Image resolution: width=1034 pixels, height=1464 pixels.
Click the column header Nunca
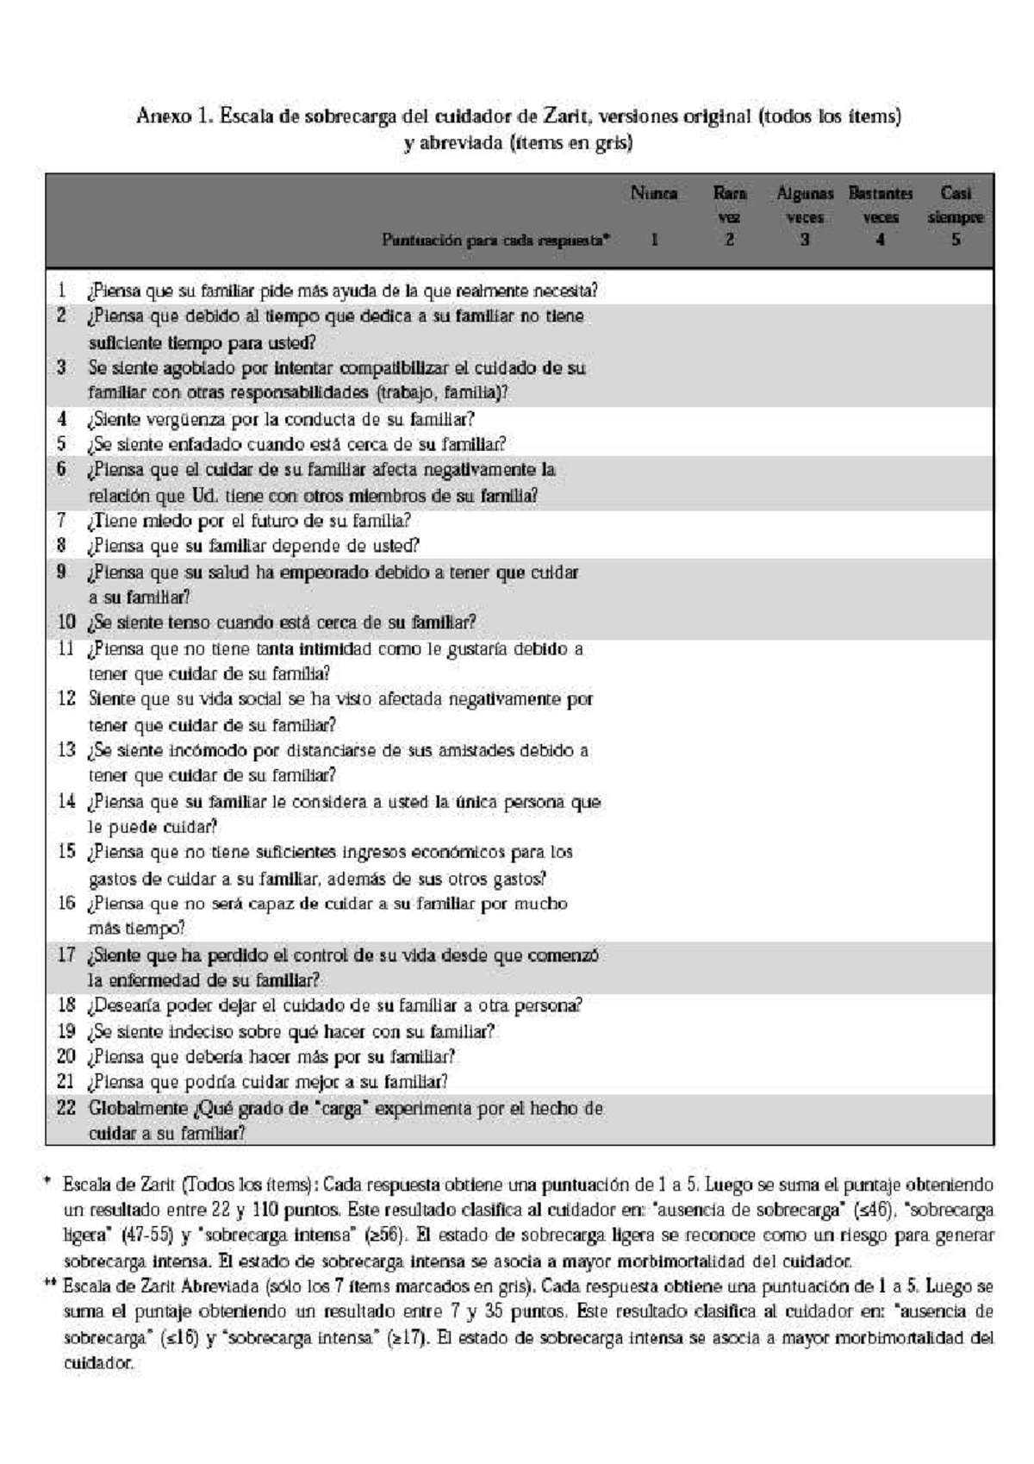tap(653, 193)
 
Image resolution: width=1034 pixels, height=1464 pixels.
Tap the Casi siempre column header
tap(955, 205)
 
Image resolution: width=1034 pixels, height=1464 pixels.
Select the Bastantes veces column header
tap(880, 205)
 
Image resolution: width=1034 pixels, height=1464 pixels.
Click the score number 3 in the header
tap(804, 240)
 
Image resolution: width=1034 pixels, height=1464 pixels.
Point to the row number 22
tap(66, 1108)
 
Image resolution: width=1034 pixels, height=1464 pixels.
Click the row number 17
tap(66, 955)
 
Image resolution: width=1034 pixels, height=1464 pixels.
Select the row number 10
tap(66, 623)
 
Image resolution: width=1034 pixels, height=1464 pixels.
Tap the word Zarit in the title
tap(567, 116)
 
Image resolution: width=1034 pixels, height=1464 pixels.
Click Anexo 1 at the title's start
tap(174, 116)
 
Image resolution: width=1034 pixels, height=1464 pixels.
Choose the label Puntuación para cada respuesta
tap(495, 241)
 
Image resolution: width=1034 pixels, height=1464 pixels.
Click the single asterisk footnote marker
tap(47, 1182)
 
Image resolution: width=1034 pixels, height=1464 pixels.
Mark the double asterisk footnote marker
tap(50, 1284)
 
